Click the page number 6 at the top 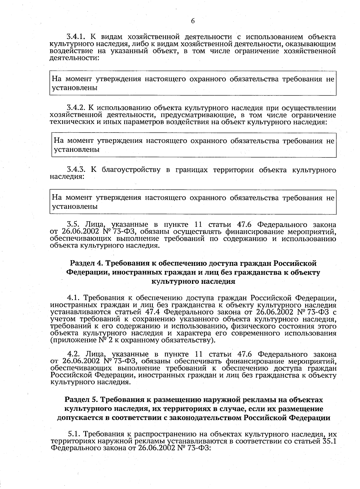193,21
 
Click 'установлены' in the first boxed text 75,88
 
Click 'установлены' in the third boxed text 75,206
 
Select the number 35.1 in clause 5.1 331,441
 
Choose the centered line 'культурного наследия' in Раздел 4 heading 193,281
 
